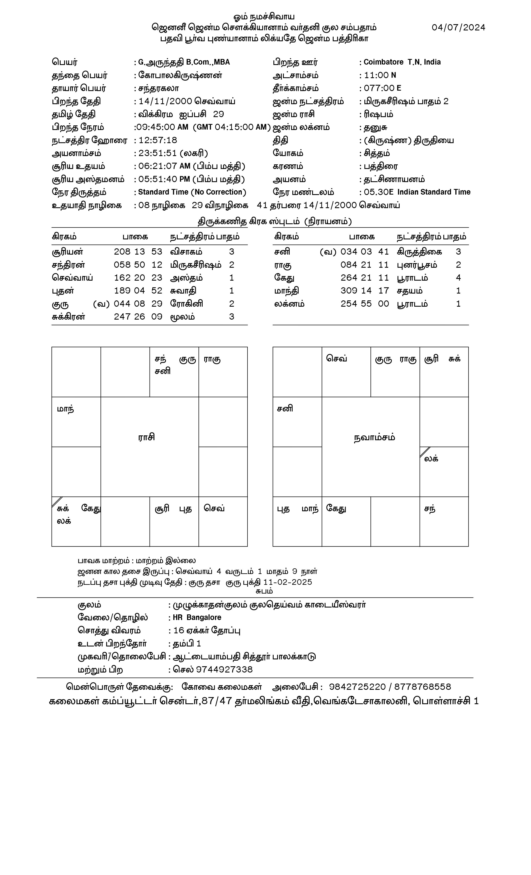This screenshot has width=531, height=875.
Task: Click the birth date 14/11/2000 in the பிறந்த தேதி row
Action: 165,102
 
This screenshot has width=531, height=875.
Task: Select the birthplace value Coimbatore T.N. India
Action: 402,62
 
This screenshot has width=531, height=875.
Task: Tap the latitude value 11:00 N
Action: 379,75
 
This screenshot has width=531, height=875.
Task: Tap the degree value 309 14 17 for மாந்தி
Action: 365,291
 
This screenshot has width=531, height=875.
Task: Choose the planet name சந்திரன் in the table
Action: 68,265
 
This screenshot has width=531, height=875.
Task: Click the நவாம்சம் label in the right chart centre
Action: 374,437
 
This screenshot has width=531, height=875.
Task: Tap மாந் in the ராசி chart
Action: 66,409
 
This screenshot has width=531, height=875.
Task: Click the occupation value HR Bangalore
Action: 197,617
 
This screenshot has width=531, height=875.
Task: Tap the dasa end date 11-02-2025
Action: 288,582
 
